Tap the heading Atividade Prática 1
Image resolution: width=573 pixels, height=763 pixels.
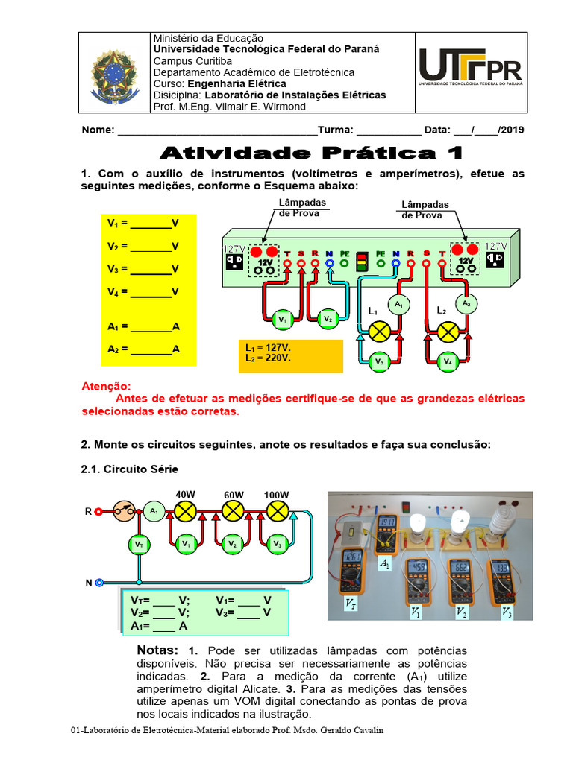[x=312, y=153]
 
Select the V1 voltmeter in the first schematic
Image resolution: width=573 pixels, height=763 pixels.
[x=281, y=319]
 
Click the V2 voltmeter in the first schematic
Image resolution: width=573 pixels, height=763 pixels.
[x=328, y=318]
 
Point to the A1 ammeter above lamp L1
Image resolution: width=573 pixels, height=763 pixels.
[x=398, y=305]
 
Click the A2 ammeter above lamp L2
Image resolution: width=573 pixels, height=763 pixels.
[x=466, y=303]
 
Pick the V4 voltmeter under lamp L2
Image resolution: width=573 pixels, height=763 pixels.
[x=447, y=361]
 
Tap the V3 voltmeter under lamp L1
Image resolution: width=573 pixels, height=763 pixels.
[x=379, y=361]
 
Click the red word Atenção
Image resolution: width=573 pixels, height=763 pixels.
[x=105, y=387]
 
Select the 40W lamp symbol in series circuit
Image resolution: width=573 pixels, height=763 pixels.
[x=185, y=511]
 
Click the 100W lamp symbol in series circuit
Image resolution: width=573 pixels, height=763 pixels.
[x=278, y=511]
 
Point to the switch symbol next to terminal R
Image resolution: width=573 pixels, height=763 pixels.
[x=125, y=511]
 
